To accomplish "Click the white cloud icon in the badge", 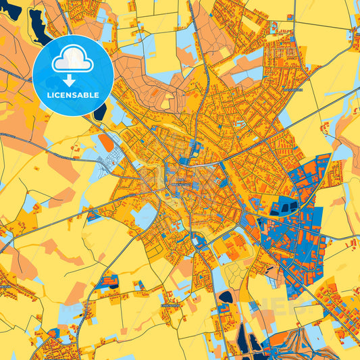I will coord(72,60).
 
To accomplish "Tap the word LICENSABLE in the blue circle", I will coord(72,95).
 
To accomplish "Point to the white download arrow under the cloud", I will coord(72,79).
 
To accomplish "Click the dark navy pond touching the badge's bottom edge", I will coord(99,112).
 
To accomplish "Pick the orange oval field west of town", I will coord(105,142).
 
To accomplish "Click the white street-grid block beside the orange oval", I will coord(108,161).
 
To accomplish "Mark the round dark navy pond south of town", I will coord(226,297).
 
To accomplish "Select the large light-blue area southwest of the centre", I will coord(145,216).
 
